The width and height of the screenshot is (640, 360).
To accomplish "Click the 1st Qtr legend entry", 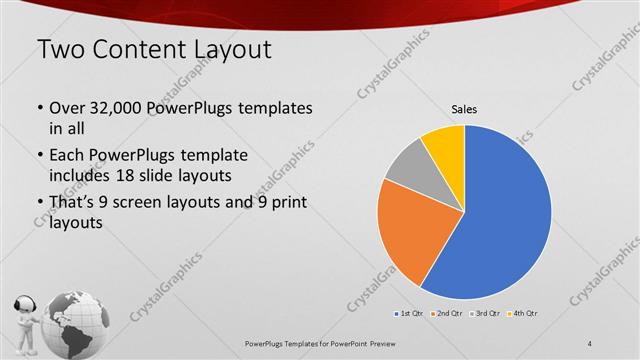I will (411, 314).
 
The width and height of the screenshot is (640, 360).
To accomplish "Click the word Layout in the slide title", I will (224, 49).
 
